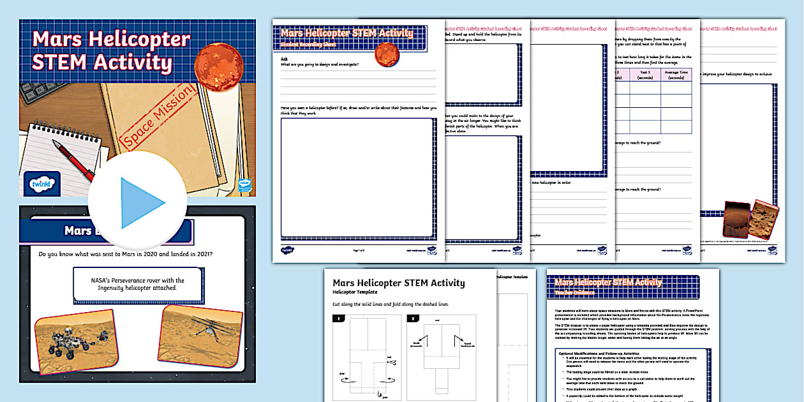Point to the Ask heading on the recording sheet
(285, 58)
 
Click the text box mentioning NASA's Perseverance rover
(137, 284)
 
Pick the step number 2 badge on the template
(413, 318)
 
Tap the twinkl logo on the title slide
(41, 184)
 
